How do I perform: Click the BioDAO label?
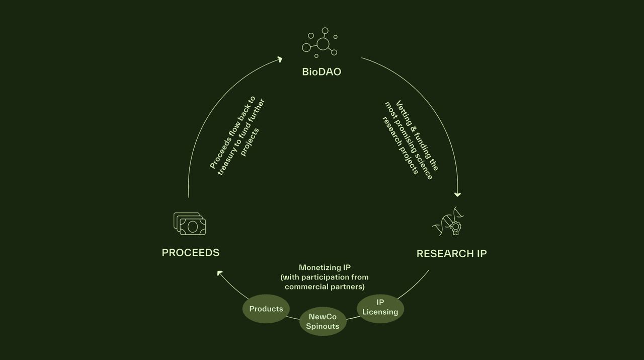pos(321,72)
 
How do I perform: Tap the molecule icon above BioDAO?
pos(319,43)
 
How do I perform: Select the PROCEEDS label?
pos(191,253)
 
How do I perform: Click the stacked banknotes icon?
pos(190,224)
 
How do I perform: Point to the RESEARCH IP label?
pos(452,254)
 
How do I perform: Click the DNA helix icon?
pos(448,221)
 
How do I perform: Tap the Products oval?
pos(266,309)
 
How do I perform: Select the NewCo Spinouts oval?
pos(323,321)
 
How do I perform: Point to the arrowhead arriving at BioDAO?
pos(280,59)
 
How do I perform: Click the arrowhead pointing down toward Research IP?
pos(457,194)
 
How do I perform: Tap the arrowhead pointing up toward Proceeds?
pos(220,273)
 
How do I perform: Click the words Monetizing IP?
pos(325,268)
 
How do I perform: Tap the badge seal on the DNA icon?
pos(455,228)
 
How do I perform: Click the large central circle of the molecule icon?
pos(323,44)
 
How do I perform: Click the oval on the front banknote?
pos(192,227)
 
